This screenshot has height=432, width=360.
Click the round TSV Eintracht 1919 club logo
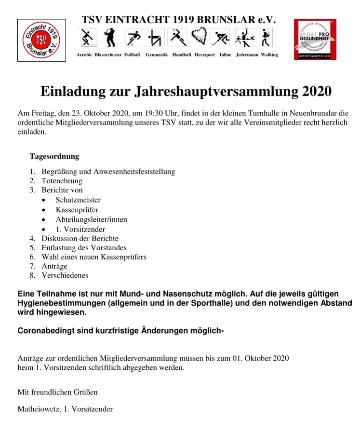pos(41,40)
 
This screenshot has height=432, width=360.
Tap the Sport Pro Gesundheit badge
pos(315,40)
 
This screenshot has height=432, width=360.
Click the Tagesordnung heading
pos(54,157)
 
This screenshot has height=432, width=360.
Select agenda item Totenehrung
pos(62,181)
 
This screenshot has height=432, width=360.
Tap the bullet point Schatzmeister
pos(78,200)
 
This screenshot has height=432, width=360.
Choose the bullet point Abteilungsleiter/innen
pos(91,219)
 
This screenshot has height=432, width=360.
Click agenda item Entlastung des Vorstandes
pos(84,248)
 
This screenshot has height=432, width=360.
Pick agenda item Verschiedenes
pos(65,276)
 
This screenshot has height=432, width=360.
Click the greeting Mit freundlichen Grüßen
pos(57,391)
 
